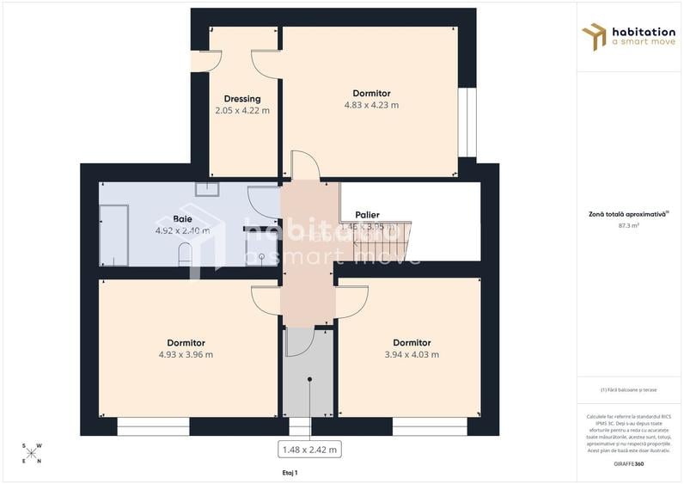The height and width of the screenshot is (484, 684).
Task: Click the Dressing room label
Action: click(241, 99)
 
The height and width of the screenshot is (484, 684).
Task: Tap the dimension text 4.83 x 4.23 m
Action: click(371, 106)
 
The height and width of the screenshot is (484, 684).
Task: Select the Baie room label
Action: click(182, 219)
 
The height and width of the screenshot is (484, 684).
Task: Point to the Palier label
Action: click(367, 215)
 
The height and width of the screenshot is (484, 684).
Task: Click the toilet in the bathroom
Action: click(184, 254)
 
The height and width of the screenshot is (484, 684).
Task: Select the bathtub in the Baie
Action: click(113, 235)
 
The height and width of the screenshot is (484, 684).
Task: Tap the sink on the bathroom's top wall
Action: click(207, 189)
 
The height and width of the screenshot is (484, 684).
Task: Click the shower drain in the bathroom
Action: click(261, 256)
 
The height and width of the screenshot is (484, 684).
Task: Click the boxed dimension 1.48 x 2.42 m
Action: click(309, 449)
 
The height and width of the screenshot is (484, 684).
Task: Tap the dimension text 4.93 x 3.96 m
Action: click(186, 354)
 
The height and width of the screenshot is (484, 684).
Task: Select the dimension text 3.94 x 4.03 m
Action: click(412, 354)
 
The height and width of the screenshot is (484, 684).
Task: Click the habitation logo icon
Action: click(594, 36)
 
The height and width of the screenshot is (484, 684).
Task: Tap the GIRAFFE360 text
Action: click(630, 464)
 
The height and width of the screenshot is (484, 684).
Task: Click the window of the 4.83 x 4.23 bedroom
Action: click(467, 122)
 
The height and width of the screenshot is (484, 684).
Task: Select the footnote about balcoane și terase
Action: click(630, 389)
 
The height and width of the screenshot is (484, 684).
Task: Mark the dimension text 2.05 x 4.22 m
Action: click(241, 111)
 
